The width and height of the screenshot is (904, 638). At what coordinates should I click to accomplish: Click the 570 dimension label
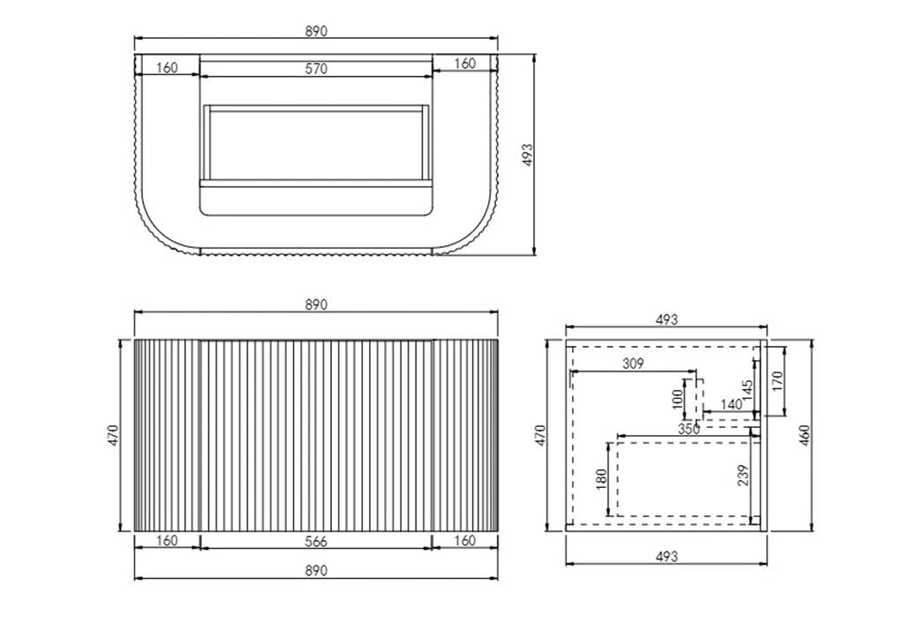pos(317,69)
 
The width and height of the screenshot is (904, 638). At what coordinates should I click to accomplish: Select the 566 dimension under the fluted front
pos(316,541)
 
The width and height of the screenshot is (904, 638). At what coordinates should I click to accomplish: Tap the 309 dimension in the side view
pos(632,364)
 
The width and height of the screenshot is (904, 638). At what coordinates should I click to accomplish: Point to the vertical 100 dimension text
pos(678,398)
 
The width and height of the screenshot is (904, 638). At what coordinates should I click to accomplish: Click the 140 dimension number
pos(731,404)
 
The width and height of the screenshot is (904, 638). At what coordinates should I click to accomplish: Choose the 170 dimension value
pos(777,381)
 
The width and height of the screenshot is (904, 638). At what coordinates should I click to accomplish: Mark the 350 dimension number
pos(689,429)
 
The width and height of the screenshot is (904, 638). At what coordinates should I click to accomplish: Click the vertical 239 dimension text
pos(743,475)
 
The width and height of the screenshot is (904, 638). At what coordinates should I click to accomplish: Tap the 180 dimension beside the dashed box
pos(601,479)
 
